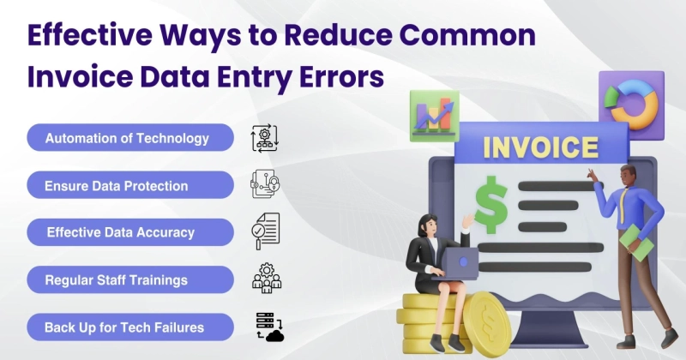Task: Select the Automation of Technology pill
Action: (130, 138)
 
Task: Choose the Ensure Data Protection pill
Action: (130, 185)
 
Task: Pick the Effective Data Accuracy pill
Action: (130, 231)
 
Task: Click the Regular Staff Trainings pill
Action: (130, 279)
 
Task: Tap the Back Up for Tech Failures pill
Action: (130, 326)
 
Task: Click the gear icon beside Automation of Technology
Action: (265, 138)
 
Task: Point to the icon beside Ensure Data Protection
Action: (265, 184)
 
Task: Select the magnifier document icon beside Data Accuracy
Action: (265, 231)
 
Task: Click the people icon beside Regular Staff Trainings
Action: (265, 279)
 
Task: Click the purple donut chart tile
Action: (633, 101)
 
